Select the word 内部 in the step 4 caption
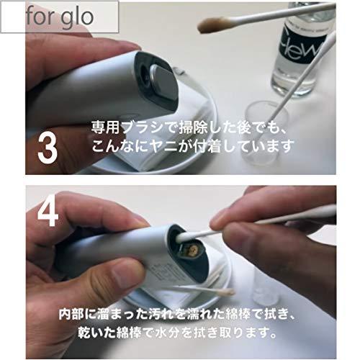(x=73, y=315)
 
